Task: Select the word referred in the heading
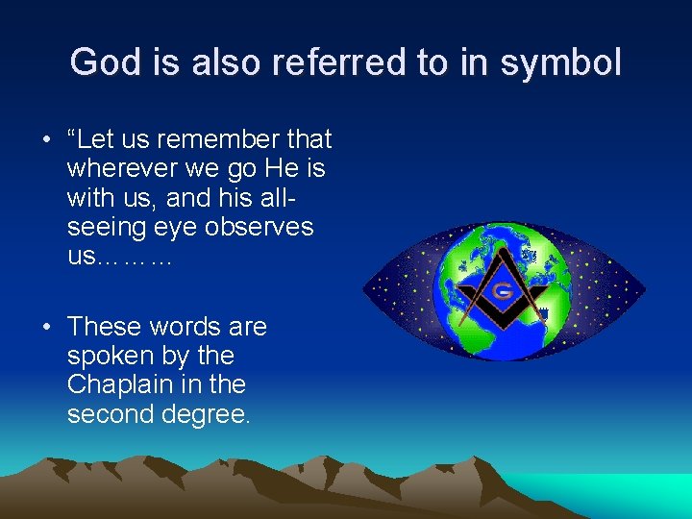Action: pos(324,63)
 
